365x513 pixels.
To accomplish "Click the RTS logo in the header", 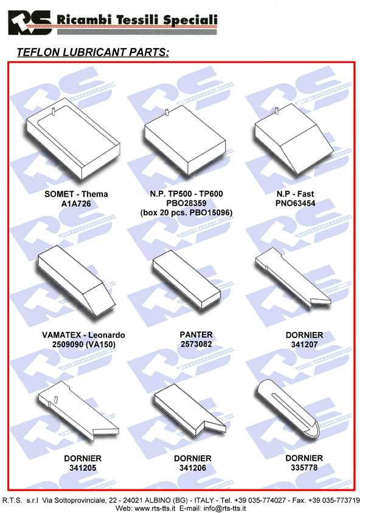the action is click(x=30, y=23).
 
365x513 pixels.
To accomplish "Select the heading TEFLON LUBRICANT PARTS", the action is click(x=93, y=52).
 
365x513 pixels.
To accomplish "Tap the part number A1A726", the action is click(x=76, y=204).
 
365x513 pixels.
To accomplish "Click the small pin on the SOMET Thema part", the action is click(x=53, y=112).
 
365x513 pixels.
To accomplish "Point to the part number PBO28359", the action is click(x=186, y=203).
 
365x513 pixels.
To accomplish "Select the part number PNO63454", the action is click(x=296, y=203).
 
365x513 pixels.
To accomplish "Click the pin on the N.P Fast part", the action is click(x=277, y=111).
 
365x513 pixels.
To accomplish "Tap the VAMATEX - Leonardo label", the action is click(x=83, y=335).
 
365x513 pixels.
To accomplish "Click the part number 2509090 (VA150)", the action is click(x=84, y=344).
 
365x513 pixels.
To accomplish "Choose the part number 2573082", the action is click(x=196, y=344).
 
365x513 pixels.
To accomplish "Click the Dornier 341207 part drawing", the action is click(x=293, y=277).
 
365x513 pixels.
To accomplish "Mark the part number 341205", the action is click(x=83, y=468).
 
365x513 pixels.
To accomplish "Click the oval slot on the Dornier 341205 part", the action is click(x=56, y=399).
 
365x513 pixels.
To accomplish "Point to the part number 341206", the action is click(x=193, y=468).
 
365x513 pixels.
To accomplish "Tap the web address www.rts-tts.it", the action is click(x=155, y=508).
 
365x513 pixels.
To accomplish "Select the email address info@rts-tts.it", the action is click(x=224, y=508).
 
